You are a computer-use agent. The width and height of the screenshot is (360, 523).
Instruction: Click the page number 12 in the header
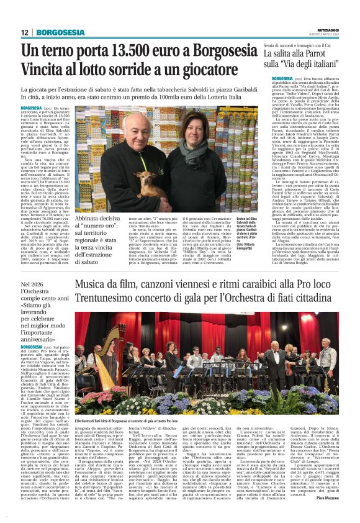(24, 32)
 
